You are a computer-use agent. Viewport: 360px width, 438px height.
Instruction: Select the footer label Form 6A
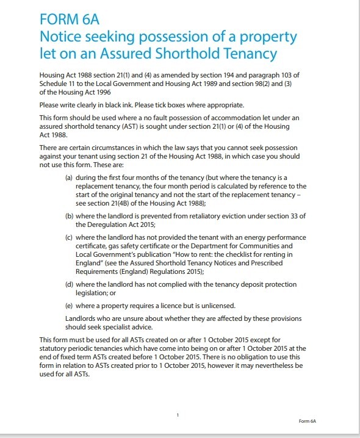click(307, 421)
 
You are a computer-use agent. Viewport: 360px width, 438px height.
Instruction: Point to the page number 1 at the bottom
click(177, 415)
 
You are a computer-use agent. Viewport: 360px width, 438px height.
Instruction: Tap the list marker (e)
click(70, 304)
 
